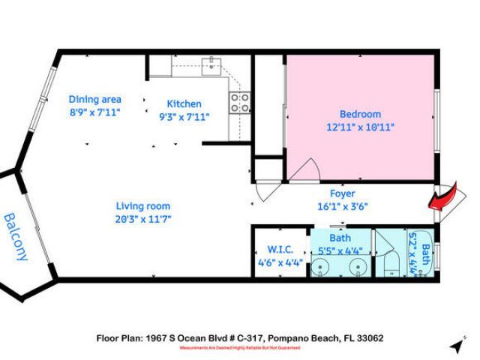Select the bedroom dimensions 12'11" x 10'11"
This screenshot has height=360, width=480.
tap(360, 127)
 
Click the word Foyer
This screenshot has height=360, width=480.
tap(342, 193)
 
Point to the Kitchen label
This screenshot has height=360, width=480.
tap(184, 103)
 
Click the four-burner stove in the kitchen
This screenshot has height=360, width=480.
tap(239, 103)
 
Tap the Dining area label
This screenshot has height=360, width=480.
tap(94, 99)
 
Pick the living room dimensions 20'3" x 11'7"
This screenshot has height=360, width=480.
tap(142, 219)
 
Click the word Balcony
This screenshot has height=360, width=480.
tap(16, 237)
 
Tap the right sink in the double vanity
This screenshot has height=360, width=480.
tap(356, 266)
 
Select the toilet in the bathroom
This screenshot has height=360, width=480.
tap(392, 266)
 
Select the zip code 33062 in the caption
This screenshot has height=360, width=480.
tap(369, 338)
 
